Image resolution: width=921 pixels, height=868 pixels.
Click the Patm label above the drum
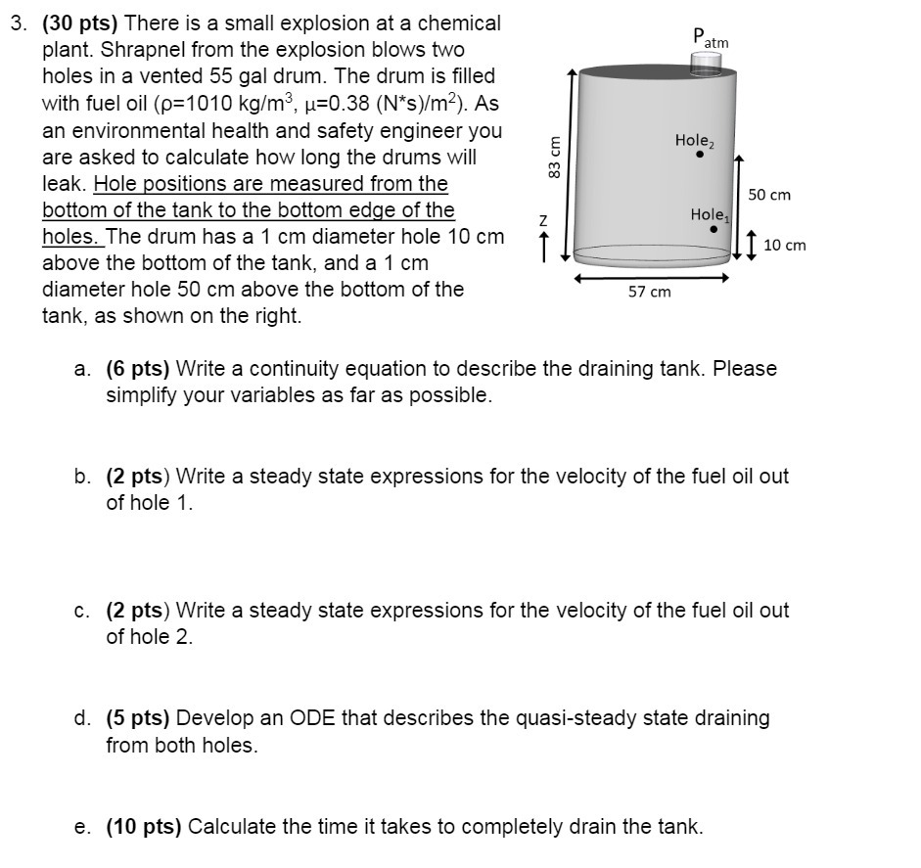tap(710, 38)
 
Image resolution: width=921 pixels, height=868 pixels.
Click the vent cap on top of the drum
tap(706, 63)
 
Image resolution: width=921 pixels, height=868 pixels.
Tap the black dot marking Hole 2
tap(700, 154)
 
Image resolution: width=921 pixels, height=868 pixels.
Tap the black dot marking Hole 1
tap(714, 228)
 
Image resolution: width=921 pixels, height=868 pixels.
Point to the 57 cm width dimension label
tap(650, 292)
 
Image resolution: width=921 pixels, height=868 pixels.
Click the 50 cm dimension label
tap(769, 195)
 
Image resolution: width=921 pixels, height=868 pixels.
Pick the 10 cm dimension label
tap(784, 245)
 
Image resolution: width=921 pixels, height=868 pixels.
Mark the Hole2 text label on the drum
tap(695, 141)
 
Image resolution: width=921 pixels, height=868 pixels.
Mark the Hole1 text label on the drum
tap(710, 214)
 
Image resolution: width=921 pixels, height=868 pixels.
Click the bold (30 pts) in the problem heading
tap(81, 23)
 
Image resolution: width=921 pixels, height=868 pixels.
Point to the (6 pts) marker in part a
tap(138, 369)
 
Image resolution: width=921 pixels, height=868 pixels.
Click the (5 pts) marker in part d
tap(138, 718)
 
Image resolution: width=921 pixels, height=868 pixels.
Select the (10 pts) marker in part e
tap(143, 826)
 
